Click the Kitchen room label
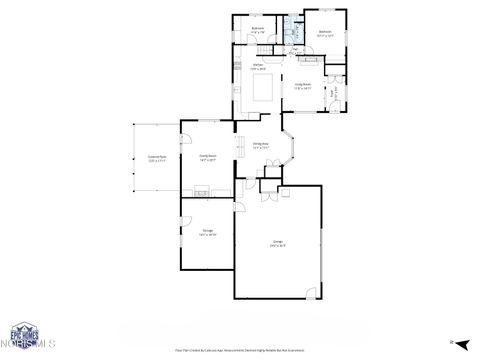point(258,66)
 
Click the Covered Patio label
point(156,158)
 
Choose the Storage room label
point(208,232)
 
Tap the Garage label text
point(278,242)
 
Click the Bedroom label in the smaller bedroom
point(258,29)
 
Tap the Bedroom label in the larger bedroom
point(325,33)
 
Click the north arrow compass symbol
point(451,343)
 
